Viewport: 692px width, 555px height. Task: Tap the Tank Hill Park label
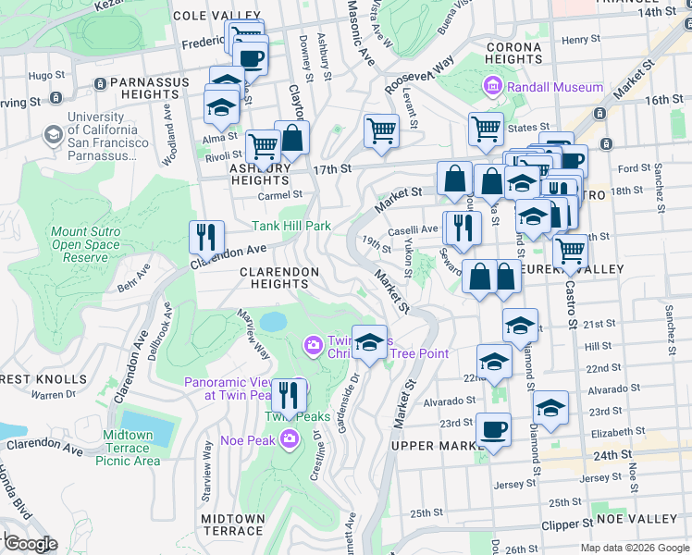click(x=291, y=226)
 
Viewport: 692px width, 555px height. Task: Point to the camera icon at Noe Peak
click(x=290, y=438)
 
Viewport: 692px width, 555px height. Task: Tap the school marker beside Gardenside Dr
click(x=369, y=343)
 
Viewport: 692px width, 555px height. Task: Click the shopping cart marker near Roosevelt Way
click(x=381, y=131)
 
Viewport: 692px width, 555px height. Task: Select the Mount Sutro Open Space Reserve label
click(x=85, y=244)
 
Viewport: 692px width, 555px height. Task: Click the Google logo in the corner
click(x=30, y=544)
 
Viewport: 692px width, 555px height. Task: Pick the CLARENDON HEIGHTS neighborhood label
click(x=279, y=278)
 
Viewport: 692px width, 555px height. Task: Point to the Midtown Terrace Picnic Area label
click(x=128, y=448)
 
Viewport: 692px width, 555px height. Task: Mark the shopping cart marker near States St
click(x=485, y=130)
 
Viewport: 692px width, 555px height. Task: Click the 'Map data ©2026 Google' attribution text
click(x=634, y=548)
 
